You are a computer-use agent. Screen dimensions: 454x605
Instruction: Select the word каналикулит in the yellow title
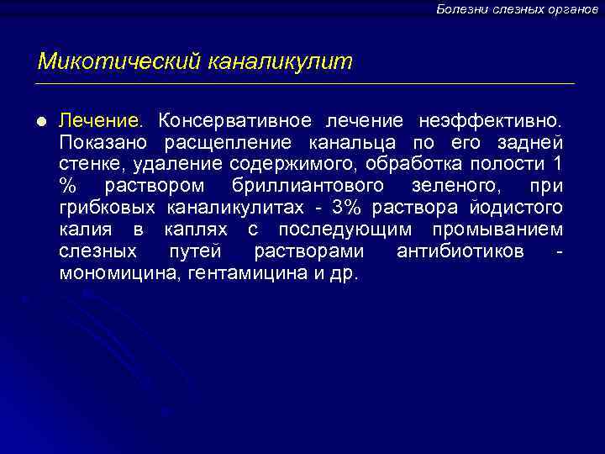click(280, 61)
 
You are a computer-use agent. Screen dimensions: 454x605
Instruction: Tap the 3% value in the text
click(347, 207)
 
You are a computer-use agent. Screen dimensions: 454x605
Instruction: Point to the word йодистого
click(517, 207)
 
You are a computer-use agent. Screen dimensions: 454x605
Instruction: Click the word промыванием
click(503, 229)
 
